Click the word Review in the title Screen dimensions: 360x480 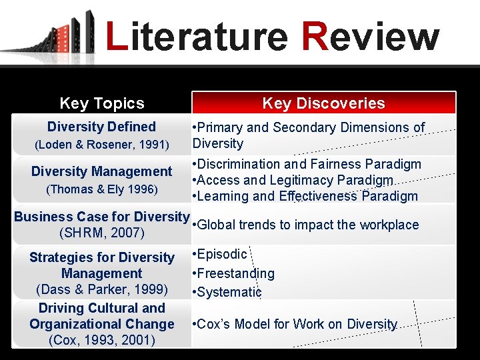pos(370,37)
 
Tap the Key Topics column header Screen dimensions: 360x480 pos(102,103)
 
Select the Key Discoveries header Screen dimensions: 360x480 pos(323,103)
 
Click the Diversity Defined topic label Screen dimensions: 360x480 pos(101,127)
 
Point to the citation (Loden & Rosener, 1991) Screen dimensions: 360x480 pos(101,144)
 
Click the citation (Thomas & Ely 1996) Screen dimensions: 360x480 pos(101,189)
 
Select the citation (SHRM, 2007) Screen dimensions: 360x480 pos(101,233)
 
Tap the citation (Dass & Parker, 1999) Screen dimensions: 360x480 pos(101,290)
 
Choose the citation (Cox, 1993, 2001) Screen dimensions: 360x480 pos(101,341)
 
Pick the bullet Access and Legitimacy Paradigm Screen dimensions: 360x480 pos(294,180)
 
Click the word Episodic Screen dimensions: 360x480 pos(221,254)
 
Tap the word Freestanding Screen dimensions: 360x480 pos(235,273)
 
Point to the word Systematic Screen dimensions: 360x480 pos(229,292)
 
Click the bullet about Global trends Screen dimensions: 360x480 pos(307,225)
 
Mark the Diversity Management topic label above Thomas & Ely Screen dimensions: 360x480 pos(101,172)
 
